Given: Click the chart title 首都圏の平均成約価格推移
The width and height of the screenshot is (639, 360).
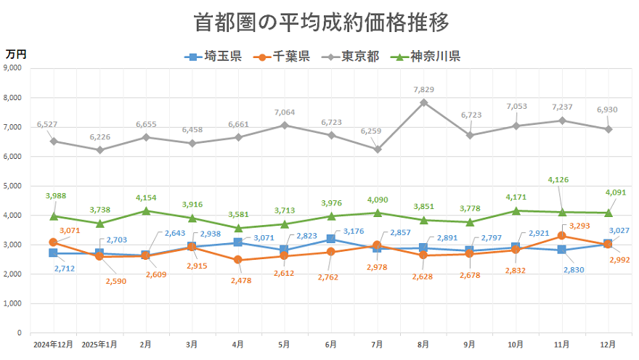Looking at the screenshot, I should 322,22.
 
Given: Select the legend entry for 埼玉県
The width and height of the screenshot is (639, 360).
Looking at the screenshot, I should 214,56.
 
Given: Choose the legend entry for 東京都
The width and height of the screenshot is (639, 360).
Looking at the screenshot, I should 351,56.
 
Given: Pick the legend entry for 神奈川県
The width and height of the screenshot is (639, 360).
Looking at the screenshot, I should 426,56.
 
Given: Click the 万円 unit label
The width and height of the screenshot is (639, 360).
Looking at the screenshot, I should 16,54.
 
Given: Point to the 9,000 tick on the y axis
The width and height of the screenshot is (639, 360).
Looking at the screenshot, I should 12,68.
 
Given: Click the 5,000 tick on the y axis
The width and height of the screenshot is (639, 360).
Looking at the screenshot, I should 12,186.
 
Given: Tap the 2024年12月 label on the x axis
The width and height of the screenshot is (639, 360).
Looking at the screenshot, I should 53,344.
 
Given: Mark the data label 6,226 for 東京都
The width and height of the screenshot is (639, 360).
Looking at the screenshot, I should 99,137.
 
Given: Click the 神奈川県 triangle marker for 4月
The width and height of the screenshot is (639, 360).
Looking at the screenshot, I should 238,228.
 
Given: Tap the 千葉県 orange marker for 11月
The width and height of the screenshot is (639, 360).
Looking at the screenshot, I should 562,236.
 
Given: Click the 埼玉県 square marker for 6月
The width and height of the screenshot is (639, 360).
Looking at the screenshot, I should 330,239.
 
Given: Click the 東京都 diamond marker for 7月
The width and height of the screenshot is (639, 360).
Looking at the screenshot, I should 377,149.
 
